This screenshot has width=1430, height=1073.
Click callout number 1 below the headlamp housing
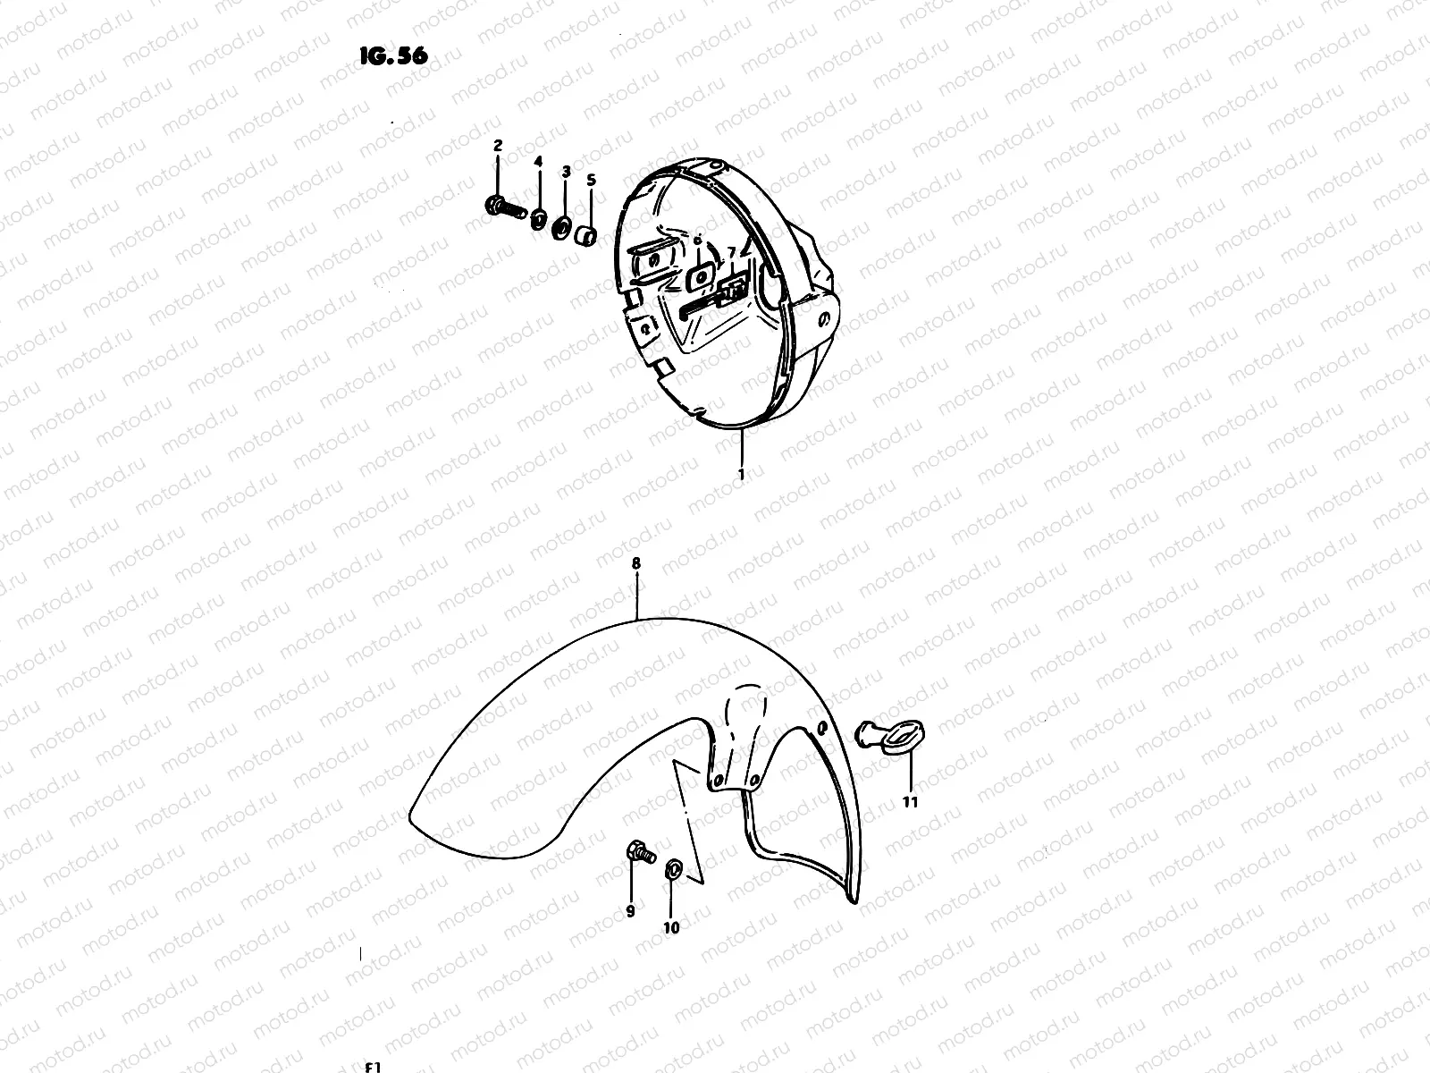741,475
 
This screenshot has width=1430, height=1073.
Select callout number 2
498,145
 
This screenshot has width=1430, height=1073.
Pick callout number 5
591,179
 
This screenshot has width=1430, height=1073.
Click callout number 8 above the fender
636,563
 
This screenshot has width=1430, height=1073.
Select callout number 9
630,911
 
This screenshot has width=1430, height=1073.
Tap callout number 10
671,927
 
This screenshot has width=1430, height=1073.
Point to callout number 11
910,802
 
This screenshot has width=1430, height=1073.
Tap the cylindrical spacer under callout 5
586,236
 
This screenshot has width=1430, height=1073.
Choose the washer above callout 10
673,866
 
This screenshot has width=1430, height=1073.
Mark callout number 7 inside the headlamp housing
730,252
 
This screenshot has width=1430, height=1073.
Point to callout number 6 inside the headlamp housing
698,241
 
